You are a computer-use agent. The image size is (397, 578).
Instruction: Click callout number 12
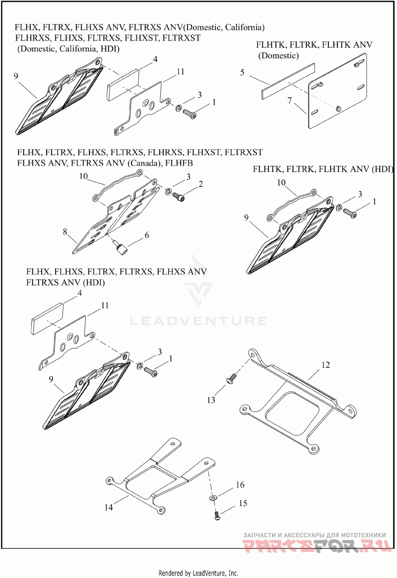point(325,364)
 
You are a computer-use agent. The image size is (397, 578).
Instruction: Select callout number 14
point(109,508)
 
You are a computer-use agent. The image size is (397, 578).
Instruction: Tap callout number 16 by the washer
point(240,484)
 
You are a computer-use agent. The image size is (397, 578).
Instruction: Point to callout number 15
point(243,504)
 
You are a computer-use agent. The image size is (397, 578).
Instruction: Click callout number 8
point(65,231)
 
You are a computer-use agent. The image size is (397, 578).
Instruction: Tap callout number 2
point(200,184)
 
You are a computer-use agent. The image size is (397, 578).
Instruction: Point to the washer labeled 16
point(213,496)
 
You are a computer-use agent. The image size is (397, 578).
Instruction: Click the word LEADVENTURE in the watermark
point(198,321)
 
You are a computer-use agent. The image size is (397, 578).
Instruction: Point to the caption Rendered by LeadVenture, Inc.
point(198,573)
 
